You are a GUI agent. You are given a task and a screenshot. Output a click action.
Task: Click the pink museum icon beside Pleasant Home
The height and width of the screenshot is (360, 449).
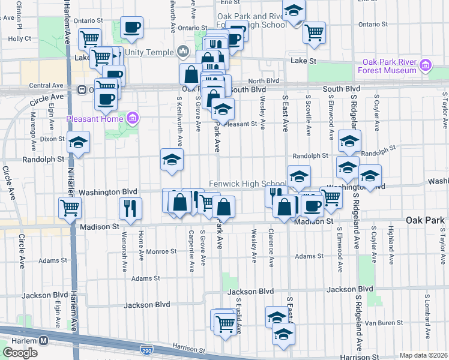coord(133,117)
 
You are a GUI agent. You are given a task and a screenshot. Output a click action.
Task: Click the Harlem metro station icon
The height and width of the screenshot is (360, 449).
coord(44,340)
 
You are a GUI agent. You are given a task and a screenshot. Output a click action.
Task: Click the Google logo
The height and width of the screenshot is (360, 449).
coord(20,353)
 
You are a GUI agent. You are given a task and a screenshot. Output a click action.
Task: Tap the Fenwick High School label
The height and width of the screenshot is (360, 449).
coord(247,184)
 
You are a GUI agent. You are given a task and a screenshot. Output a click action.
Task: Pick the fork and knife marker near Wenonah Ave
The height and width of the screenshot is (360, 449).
coord(130,208)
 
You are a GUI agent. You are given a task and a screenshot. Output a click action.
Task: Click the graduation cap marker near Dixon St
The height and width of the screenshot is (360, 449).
coord(78,142)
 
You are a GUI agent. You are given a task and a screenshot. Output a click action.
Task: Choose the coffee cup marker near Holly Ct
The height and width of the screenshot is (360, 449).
coord(132,26)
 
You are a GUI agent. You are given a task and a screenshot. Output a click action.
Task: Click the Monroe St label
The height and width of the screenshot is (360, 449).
coord(160,252)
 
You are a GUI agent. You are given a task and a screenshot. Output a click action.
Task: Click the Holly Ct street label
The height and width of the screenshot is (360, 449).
coord(20,38)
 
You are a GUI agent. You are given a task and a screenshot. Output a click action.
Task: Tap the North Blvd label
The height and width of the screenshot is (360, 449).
coord(264,81)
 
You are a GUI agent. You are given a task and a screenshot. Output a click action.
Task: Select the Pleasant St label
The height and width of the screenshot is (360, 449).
coord(244,125)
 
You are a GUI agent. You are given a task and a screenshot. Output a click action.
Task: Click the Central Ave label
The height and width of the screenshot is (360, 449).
coord(46,86)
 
